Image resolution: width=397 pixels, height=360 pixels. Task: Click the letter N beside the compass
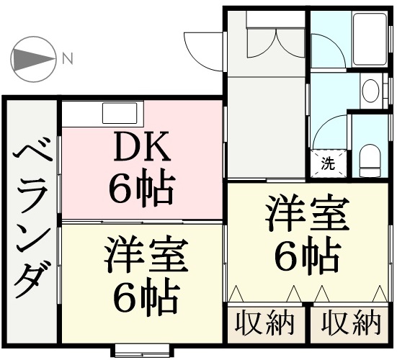click(68, 58)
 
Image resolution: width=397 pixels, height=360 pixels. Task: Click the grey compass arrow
click(34, 60)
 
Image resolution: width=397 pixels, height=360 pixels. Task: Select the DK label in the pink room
click(142, 148)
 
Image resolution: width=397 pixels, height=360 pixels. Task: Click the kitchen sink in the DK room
click(120, 113)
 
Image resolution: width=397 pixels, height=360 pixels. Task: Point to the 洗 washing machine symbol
click(329, 163)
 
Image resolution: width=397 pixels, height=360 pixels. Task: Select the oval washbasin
click(370, 91)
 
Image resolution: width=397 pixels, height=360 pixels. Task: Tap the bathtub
click(370, 39)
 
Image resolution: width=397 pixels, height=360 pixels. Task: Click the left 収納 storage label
click(265, 323)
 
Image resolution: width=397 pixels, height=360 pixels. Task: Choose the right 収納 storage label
click(351, 323)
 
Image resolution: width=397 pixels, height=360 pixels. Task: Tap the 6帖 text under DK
click(142, 187)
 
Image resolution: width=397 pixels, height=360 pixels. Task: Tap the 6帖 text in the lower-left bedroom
click(146, 295)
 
